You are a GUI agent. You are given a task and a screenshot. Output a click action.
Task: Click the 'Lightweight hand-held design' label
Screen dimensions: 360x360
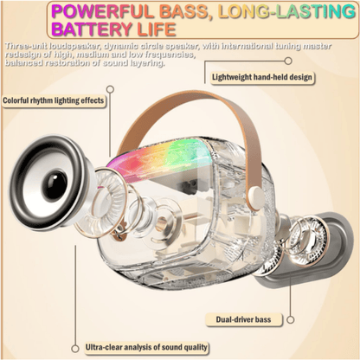[x=262, y=77]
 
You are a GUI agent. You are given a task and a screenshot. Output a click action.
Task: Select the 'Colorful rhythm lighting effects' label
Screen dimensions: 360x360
[x=54, y=100]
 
